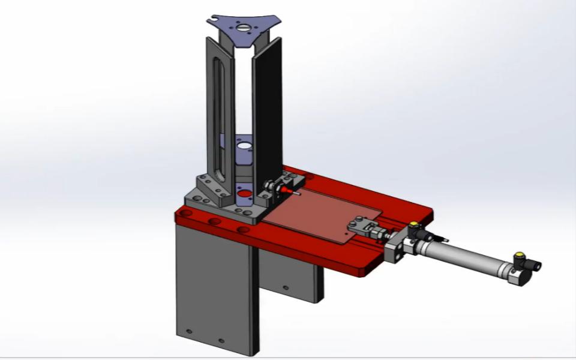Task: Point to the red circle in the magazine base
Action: tap(244, 194)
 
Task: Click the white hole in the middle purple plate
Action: tap(244, 145)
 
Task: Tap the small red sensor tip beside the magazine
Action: tap(293, 192)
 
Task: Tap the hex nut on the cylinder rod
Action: tap(380, 233)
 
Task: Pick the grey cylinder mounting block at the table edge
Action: tap(396, 249)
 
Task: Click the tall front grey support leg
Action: tap(216, 288)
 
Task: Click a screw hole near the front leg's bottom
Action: tap(190, 332)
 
